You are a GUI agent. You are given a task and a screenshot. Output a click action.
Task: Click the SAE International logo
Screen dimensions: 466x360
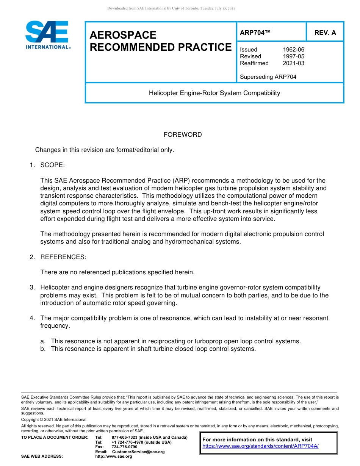click(47, 35)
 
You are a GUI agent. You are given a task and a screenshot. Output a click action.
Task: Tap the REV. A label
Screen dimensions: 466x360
click(325, 33)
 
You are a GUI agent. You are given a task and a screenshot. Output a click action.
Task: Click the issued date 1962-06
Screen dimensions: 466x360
click(293, 50)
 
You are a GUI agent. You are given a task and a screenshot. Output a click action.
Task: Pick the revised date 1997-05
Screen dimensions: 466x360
click(293, 56)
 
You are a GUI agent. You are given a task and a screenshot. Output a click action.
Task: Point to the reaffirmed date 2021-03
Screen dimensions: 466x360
click(293, 63)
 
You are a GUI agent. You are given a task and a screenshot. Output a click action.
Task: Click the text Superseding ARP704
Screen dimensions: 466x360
click(268, 77)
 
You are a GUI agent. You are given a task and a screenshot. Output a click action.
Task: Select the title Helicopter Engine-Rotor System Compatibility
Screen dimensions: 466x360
click(214, 93)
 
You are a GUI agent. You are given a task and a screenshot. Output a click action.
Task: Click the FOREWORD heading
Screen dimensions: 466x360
click(183, 134)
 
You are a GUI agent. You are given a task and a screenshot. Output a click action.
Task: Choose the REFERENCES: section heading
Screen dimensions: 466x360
click(63, 257)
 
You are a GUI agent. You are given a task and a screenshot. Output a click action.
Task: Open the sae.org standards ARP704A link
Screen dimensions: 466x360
click(260, 446)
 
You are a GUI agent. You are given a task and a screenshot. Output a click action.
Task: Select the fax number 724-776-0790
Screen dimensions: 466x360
click(124, 447)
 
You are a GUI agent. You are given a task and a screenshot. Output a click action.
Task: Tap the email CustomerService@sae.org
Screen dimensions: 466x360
click(138, 452)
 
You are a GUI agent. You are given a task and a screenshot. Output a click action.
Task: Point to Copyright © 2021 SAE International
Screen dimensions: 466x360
click(54, 419)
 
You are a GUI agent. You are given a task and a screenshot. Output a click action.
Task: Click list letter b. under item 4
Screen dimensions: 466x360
click(43, 349)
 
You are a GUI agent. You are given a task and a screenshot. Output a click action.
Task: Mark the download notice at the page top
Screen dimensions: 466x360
click(171, 8)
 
